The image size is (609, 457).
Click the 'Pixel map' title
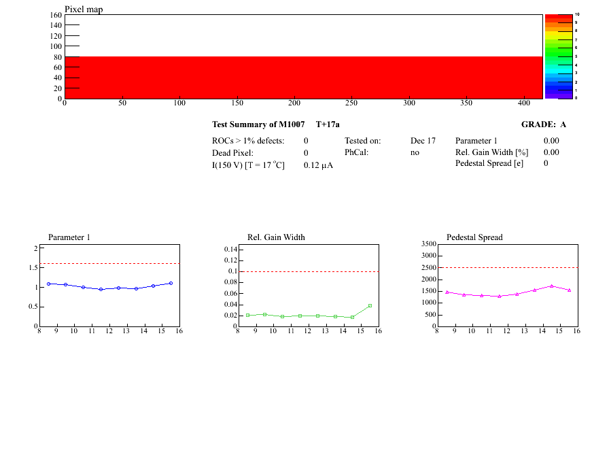click(84, 10)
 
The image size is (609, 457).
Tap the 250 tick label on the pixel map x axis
click(351, 103)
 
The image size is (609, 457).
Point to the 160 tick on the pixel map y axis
click(56, 15)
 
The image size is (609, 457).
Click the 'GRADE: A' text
click(543, 124)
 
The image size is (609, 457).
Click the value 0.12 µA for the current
click(318, 165)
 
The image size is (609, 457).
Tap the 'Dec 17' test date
click(423, 141)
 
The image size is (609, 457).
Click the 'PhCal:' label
click(356, 153)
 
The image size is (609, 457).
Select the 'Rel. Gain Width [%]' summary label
click(492, 152)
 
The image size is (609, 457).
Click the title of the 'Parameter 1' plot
click(69, 237)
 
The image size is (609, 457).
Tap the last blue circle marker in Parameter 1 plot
click(171, 283)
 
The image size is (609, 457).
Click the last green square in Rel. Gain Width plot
click(370, 305)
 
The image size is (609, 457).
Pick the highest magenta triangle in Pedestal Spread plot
click(552, 286)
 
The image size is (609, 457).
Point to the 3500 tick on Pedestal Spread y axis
click(428, 243)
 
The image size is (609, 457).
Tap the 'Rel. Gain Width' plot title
click(276, 237)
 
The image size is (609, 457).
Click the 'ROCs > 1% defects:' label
click(248, 141)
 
